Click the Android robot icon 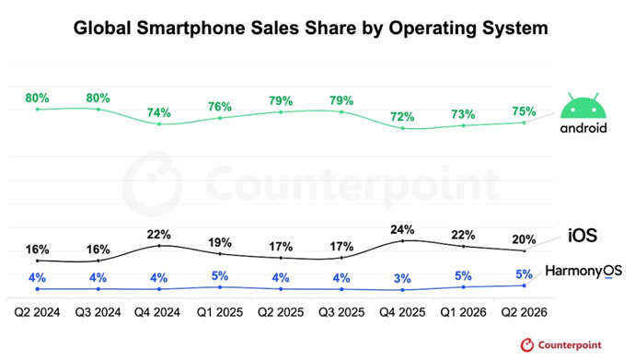point(583,105)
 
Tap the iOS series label point(583,236)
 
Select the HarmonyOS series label point(583,271)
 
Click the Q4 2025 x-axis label point(402,312)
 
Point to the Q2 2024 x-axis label point(37,312)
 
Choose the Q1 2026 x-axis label point(463,312)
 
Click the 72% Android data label point(402,117)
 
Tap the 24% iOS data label point(402,229)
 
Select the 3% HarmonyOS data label point(402,279)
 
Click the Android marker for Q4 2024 point(159,124)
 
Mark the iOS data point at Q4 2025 point(402,241)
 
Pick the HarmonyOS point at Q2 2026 point(525,285)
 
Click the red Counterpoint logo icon point(527,345)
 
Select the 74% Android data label point(158,112)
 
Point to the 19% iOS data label point(220,242)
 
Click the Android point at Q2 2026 point(525,122)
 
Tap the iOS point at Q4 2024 point(159,246)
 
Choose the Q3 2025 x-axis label point(341,312)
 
